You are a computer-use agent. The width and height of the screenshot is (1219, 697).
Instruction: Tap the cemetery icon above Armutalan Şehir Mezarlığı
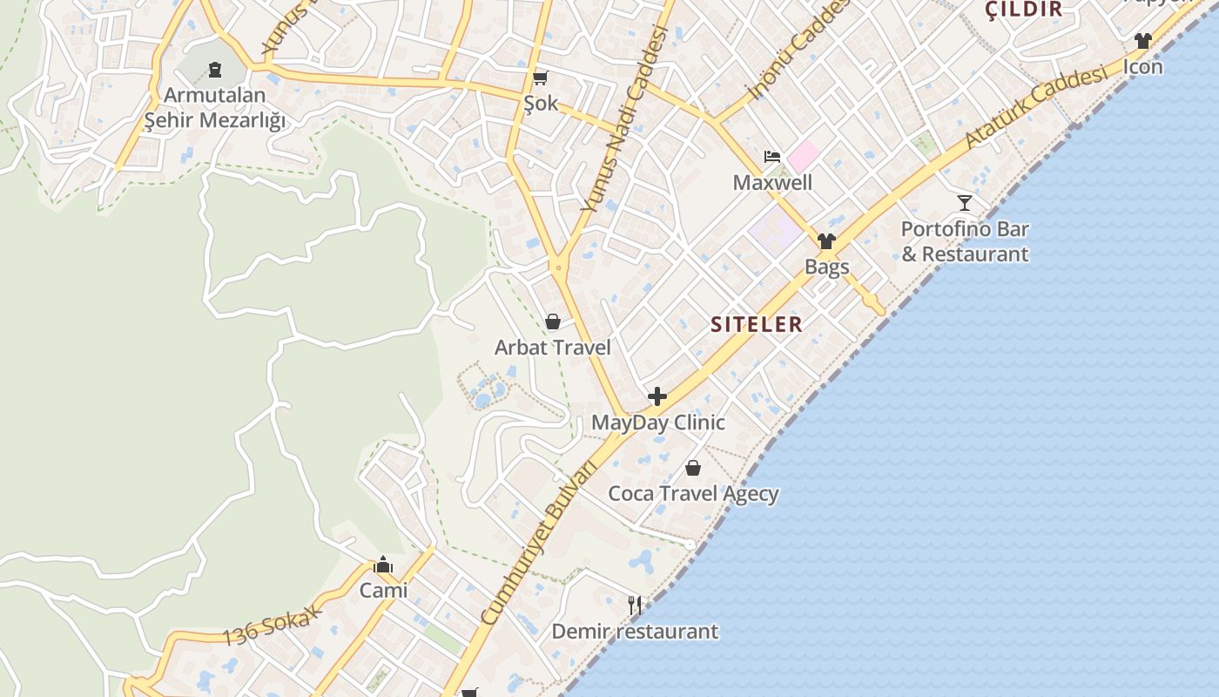point(214,70)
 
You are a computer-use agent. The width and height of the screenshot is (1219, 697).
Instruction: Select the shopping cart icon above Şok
point(540,78)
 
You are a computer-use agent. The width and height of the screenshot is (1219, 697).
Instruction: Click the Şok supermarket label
point(540,104)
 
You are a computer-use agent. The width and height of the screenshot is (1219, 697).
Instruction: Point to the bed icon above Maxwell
point(771,157)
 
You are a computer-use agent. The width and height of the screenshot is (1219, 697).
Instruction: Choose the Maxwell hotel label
point(772,182)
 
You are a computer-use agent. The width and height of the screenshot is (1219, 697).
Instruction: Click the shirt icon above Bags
point(826,241)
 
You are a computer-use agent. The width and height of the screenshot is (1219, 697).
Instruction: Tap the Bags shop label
point(826,267)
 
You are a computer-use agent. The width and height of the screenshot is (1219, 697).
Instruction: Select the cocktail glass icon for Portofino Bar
point(964,203)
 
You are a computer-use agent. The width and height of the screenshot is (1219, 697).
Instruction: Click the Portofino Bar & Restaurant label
point(964,241)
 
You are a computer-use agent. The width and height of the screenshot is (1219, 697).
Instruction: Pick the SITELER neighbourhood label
point(756,324)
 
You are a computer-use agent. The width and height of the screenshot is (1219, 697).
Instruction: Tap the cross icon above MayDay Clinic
point(657,397)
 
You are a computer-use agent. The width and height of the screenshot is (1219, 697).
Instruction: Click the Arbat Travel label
point(552,348)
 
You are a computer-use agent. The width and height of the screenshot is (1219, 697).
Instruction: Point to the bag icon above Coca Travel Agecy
point(693,469)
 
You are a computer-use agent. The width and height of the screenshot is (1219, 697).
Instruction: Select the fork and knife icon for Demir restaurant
point(635,606)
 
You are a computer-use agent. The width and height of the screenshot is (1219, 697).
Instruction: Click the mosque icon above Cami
point(383,565)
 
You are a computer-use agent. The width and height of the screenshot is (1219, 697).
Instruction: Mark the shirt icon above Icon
point(1142,41)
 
